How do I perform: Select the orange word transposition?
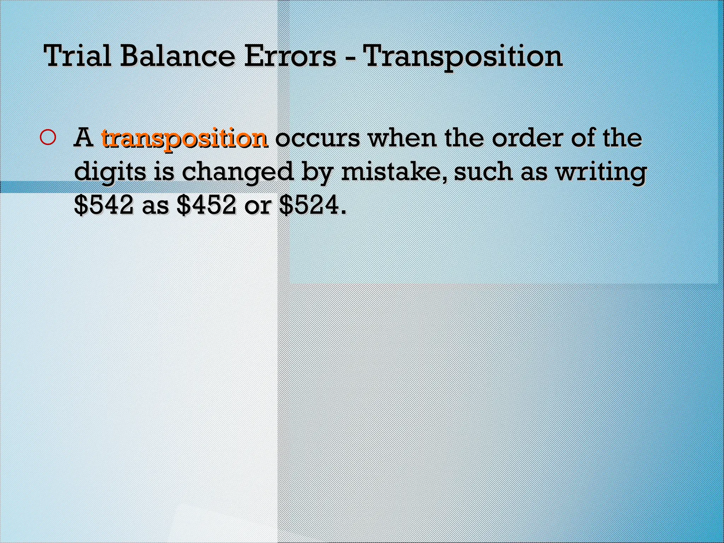click(184, 139)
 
